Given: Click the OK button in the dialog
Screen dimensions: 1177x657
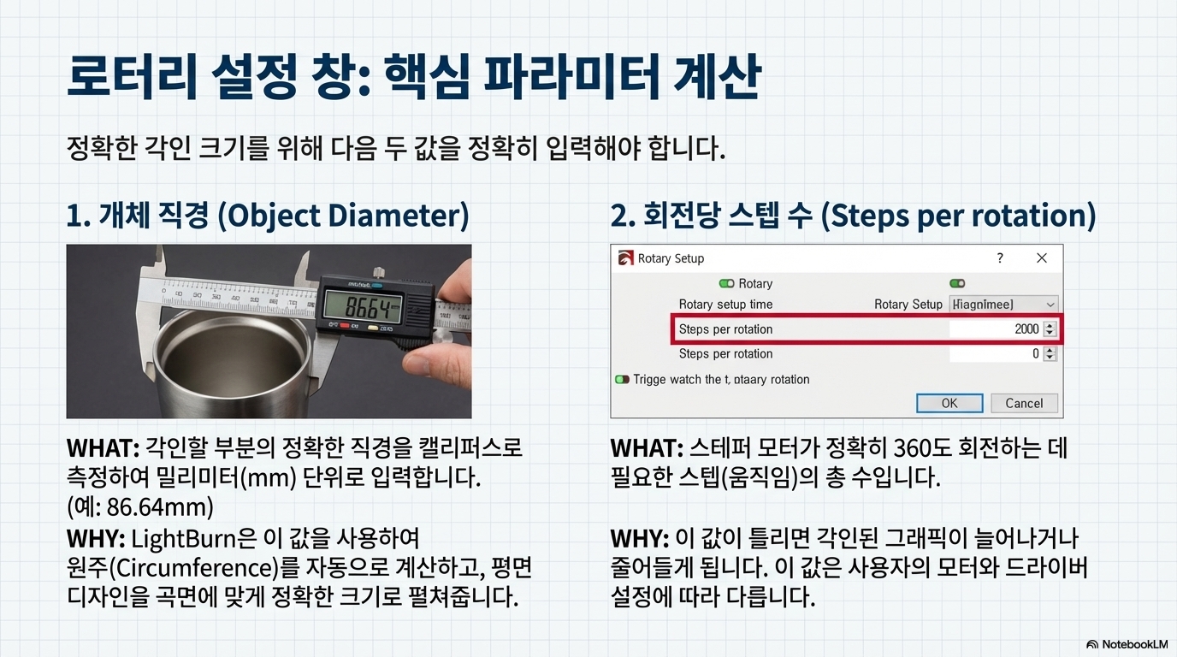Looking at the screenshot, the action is tap(949, 403).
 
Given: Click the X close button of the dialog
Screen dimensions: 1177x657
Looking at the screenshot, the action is tap(1041, 258).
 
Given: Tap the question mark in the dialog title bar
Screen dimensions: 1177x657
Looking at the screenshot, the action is tap(1000, 258).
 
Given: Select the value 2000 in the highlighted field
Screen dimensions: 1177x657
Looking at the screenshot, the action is tap(1026, 329).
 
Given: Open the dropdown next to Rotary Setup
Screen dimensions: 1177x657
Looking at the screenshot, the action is tap(1050, 305).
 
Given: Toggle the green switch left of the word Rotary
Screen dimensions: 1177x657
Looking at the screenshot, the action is tap(726, 284).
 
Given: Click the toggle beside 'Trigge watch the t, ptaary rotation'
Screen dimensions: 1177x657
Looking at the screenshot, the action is tap(622, 380).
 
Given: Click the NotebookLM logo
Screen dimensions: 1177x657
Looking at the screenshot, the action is tap(1127, 644).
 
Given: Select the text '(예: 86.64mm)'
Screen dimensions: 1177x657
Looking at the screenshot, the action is tap(139, 506).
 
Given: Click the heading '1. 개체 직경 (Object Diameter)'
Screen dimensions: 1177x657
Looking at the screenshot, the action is tap(267, 216).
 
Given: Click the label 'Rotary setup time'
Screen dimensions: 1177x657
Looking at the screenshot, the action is tap(725, 305).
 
